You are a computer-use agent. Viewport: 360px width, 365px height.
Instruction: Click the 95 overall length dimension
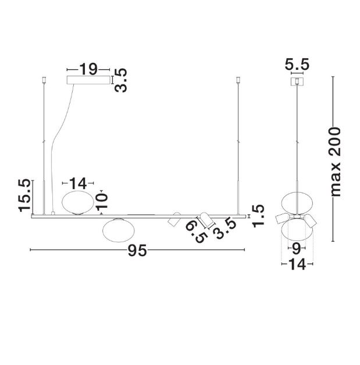(x=137, y=251)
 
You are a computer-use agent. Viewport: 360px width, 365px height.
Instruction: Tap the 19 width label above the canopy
(x=88, y=69)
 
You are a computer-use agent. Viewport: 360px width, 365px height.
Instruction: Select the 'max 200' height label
(x=336, y=162)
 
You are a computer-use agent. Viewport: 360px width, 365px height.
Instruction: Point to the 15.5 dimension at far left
(x=24, y=196)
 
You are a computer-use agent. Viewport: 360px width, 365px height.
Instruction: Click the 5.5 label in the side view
(x=297, y=65)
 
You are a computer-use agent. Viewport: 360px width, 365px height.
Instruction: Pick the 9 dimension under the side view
(x=297, y=249)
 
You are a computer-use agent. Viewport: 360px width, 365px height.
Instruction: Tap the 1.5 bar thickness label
(x=258, y=216)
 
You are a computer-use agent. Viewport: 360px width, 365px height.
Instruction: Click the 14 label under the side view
(x=297, y=264)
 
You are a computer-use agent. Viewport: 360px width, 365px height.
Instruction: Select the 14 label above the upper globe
(x=78, y=183)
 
